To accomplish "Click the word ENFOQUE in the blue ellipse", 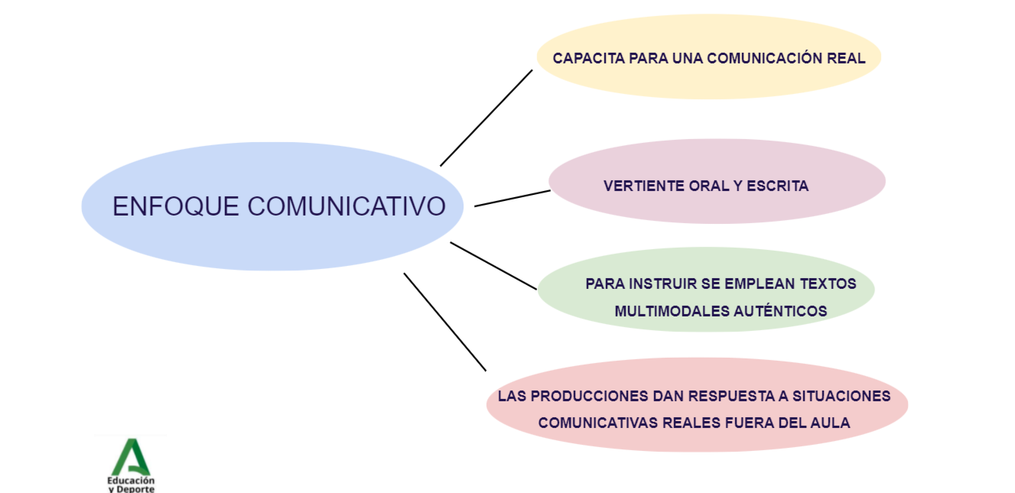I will pos(177,206).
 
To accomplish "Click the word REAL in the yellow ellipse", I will pos(847,58).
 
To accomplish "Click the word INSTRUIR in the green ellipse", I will pos(663,284).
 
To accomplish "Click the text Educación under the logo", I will pos(131,480).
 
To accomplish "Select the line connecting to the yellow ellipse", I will pos(486,118).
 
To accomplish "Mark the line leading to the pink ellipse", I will pos(512,198).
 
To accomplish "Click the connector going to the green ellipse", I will pos(493,265).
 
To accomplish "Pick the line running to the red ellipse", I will pos(445,322).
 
